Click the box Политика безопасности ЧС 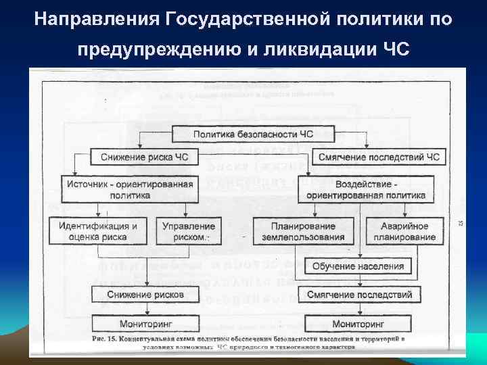pyautogui.click(x=254, y=134)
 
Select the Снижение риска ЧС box pyautogui.click(x=144, y=157)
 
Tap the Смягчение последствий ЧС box pyautogui.click(x=378, y=157)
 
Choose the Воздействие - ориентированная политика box pyautogui.click(x=366, y=189)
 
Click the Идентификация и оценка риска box pyautogui.click(x=98, y=231)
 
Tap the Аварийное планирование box pyautogui.click(x=403, y=231)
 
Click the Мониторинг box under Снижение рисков pyautogui.click(x=145, y=324)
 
